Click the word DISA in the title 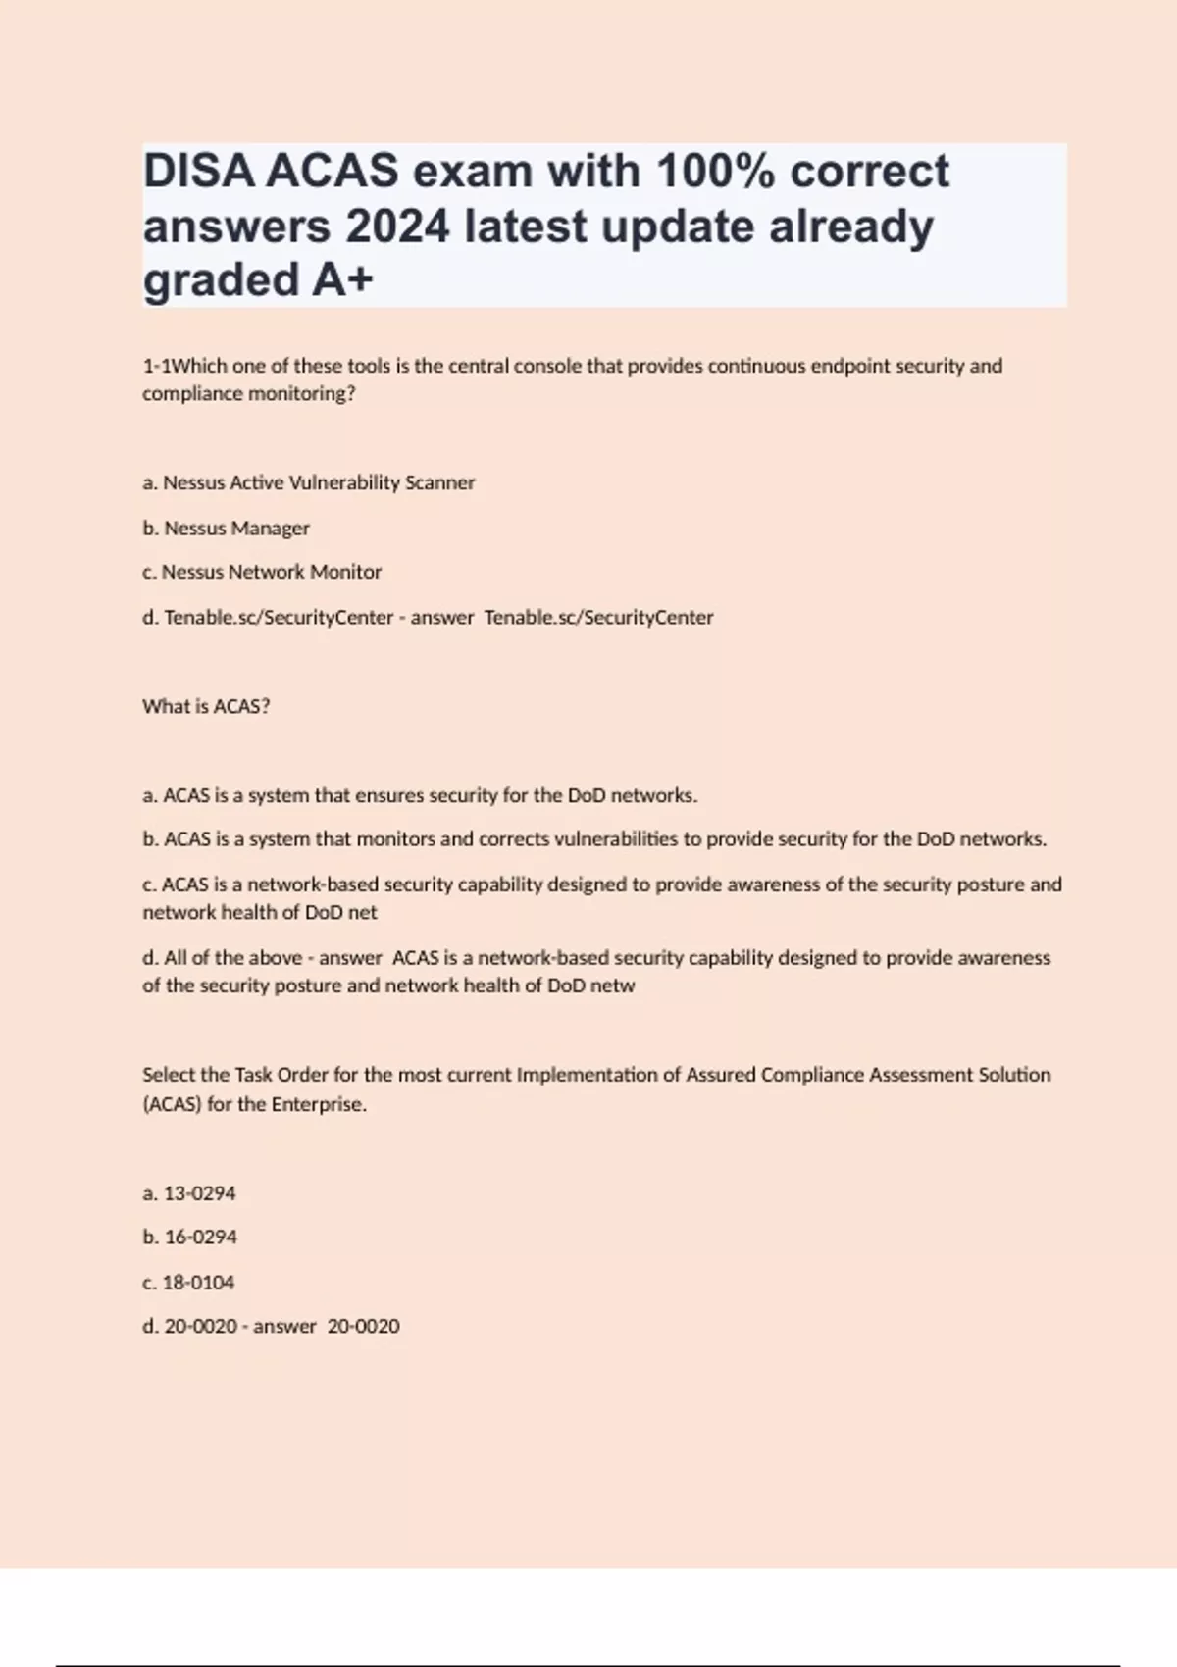(x=199, y=172)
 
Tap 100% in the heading (x=714, y=172)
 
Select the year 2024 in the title (x=397, y=227)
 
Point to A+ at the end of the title (x=343, y=280)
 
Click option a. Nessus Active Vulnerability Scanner (x=309, y=482)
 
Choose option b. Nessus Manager (x=227, y=528)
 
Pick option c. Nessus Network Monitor (x=262, y=572)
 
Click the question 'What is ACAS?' (x=206, y=706)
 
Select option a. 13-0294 (x=189, y=1193)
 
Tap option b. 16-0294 (x=190, y=1238)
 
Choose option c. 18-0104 (x=188, y=1282)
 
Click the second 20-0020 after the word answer (x=363, y=1326)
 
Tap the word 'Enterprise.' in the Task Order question (x=319, y=1104)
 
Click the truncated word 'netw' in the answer (x=612, y=985)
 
